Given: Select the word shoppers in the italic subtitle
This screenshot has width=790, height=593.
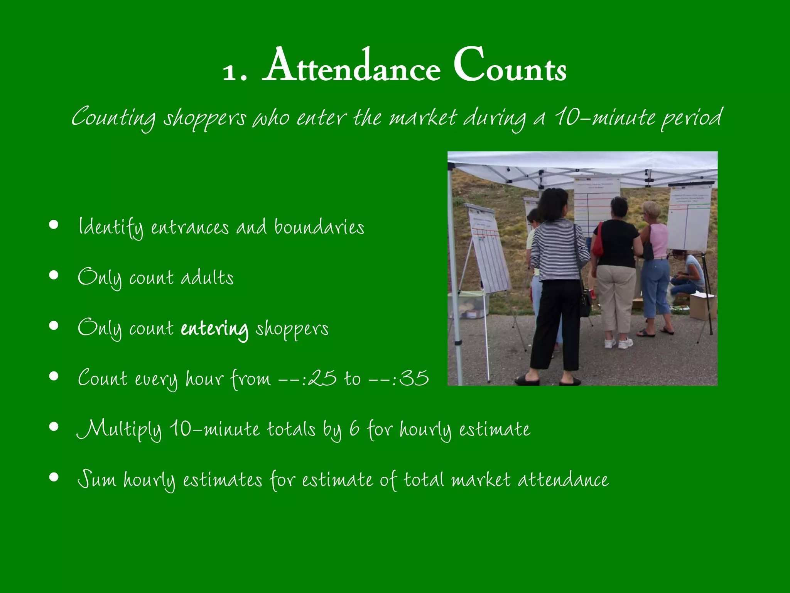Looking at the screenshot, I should point(204,118).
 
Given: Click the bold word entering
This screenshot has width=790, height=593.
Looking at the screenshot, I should point(214,329).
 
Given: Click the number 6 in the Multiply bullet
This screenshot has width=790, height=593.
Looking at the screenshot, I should point(354,429).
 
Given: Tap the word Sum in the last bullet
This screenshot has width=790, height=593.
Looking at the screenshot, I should point(96,480).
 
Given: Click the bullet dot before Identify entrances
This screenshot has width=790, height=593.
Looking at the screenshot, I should point(54,225).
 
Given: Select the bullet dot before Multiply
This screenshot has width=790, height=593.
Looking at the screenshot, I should point(54,427).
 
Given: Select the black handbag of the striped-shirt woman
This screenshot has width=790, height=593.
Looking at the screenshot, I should point(585,303).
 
